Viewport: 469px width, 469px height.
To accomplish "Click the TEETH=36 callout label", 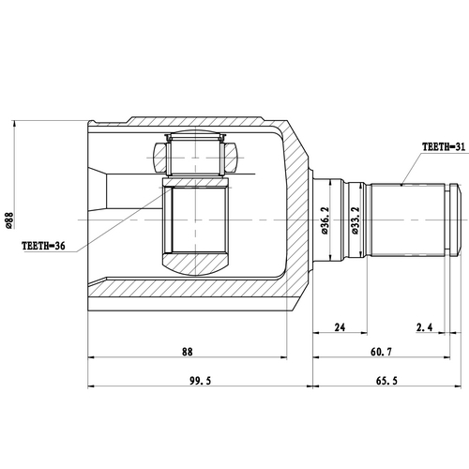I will [42, 248].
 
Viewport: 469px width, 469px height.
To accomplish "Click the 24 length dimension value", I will [340, 327].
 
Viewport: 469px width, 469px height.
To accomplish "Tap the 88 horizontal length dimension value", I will [187, 352].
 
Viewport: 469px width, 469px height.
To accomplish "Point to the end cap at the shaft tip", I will [458, 220].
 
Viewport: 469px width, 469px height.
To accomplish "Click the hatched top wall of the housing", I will [188, 126].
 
